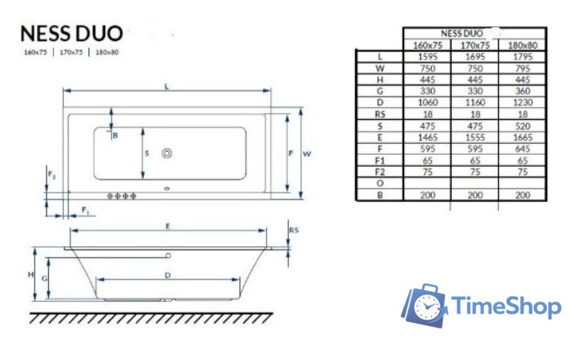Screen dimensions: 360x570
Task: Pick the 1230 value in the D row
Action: pos(523,102)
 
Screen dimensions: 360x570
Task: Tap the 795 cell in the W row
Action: pos(523,68)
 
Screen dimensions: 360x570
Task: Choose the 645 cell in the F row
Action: pos(523,148)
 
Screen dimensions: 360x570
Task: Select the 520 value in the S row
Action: pos(523,125)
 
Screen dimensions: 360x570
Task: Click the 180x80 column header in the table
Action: pos(523,45)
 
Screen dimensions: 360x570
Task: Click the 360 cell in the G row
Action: pos(523,91)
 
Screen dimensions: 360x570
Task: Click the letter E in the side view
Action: pos(168,226)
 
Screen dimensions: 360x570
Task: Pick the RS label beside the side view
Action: pos(293,231)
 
